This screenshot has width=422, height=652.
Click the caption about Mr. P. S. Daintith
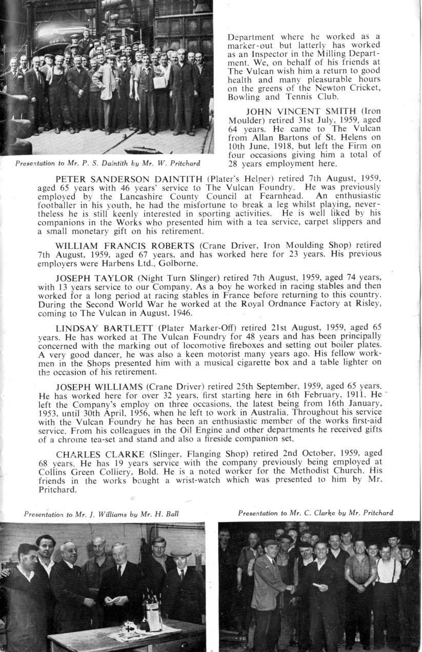[108, 164]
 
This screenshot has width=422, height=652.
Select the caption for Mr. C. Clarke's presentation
[315, 513]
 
